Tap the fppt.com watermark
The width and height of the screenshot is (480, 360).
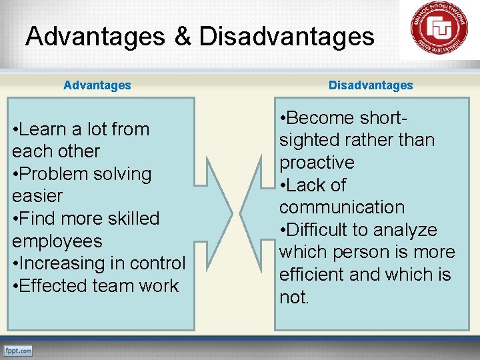(18, 350)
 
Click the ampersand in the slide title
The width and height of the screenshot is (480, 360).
(183, 36)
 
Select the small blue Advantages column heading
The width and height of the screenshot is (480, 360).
(97, 85)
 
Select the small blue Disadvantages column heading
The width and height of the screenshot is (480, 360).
(371, 85)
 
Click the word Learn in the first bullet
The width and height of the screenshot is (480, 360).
(45, 129)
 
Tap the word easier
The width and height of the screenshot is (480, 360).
(37, 196)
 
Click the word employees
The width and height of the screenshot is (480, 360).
(57, 241)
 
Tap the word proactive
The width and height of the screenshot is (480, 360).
(317, 163)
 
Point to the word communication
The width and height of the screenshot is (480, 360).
(341, 207)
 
